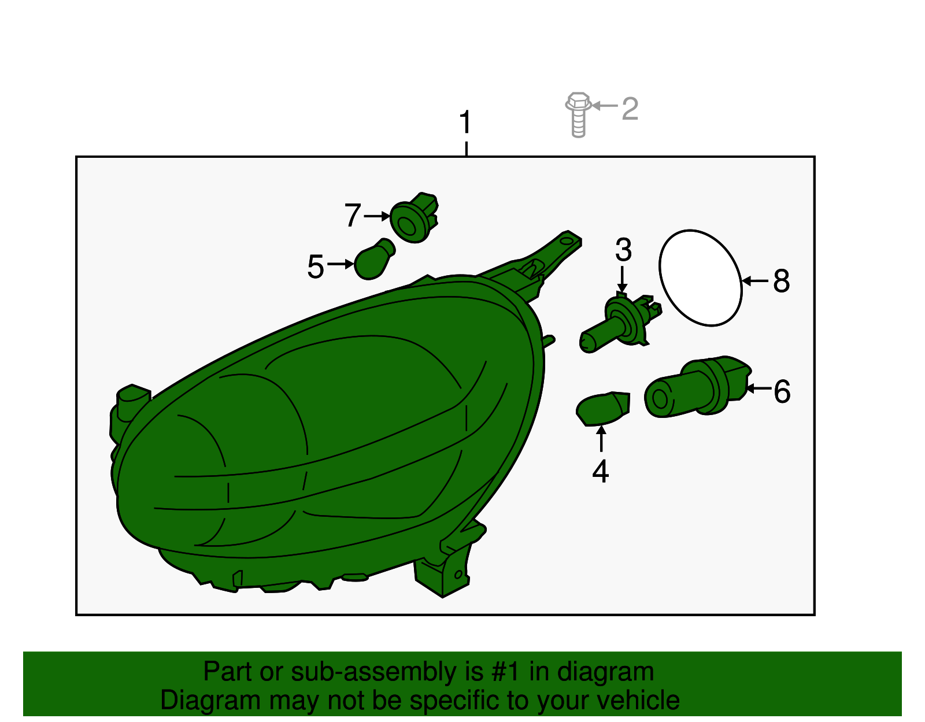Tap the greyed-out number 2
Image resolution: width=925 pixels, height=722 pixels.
coord(630,109)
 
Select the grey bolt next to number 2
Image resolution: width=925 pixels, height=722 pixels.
coord(578,114)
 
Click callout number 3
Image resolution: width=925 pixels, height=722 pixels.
coord(623,250)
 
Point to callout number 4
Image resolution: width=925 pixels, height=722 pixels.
coord(600,471)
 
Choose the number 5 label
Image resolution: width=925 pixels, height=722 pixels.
coord(316,266)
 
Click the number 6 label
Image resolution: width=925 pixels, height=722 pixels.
coord(782,391)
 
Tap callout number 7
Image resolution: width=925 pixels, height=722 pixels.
coord(353,215)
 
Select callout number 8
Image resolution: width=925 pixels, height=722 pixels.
coord(781,281)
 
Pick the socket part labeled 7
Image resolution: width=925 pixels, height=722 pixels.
coord(414,217)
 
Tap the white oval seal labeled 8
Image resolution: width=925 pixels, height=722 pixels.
coord(701,279)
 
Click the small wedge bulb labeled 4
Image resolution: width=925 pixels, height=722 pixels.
coord(603,409)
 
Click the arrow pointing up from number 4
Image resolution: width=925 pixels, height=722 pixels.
coord(601,439)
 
